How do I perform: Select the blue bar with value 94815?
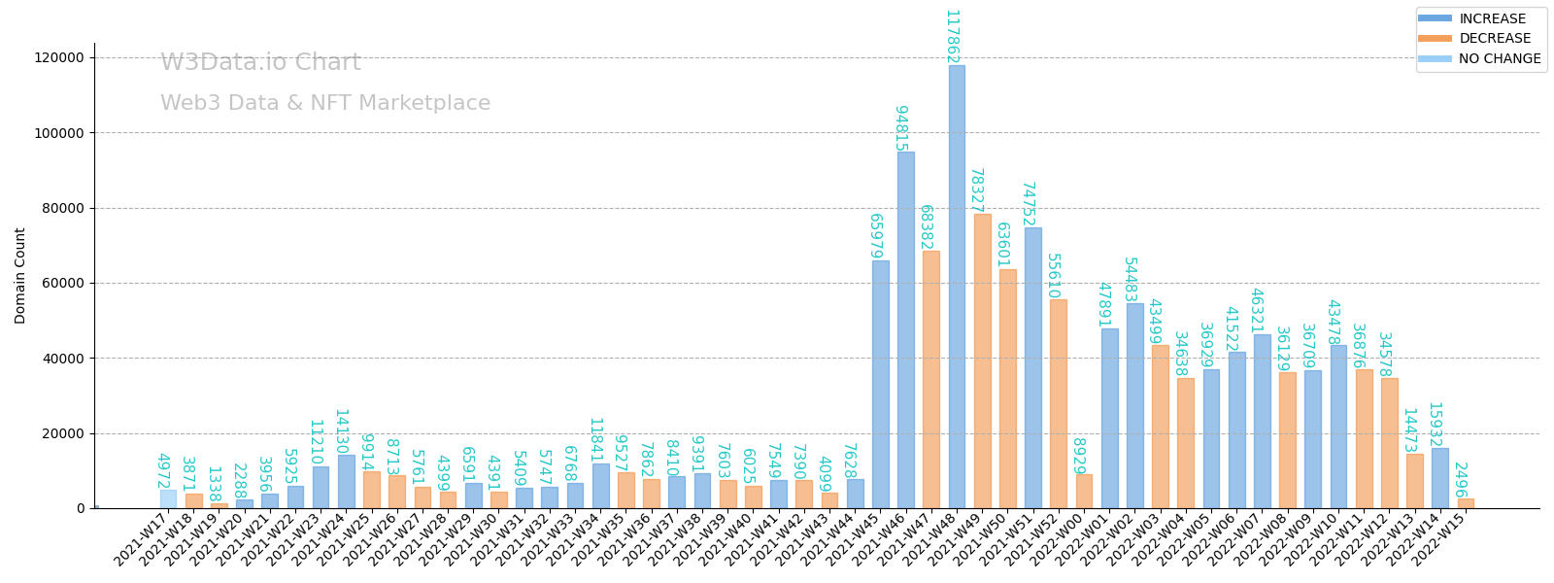(x=905, y=330)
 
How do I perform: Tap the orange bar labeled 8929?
(x=1084, y=492)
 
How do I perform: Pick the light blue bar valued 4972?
(x=168, y=499)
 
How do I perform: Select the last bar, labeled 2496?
(x=1466, y=503)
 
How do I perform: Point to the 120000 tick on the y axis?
(x=59, y=57)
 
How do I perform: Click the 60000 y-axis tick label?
(x=63, y=284)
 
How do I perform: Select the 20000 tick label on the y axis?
(x=63, y=433)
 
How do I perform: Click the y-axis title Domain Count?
(x=20, y=276)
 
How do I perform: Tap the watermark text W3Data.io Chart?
(x=260, y=63)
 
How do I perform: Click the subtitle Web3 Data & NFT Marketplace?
(x=325, y=104)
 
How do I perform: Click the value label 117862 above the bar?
(x=952, y=37)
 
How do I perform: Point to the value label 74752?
(x=1028, y=204)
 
